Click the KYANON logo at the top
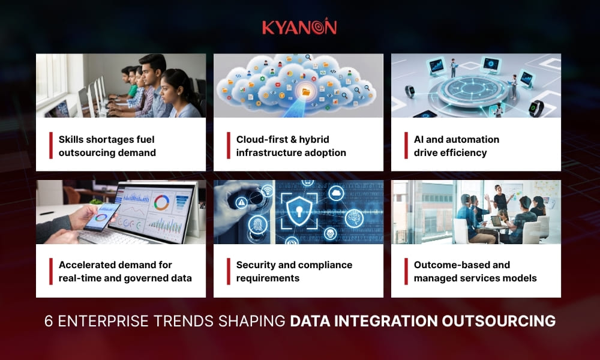(299, 27)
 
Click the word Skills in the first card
(71, 139)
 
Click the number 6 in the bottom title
(49, 322)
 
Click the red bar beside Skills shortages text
(51, 145)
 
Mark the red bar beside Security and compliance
(229, 271)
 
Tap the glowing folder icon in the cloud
(307, 92)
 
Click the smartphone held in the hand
(101, 217)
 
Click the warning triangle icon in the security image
(241, 203)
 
